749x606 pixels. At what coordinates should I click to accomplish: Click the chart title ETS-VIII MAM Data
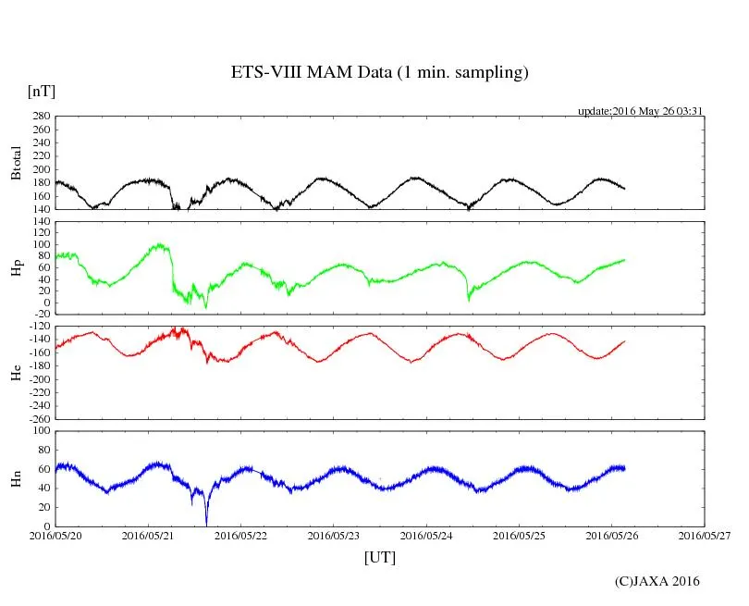coord(379,73)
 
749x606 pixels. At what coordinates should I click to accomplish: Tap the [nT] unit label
coord(42,92)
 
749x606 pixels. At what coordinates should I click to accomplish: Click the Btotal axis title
coord(16,163)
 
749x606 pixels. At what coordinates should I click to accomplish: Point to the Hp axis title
coord(16,268)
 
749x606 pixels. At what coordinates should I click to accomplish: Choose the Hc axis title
coord(16,372)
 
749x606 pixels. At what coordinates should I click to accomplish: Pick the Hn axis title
coord(16,478)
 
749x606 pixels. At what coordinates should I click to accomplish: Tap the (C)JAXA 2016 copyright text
coord(657,581)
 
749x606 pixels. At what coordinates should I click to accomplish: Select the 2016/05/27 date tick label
coord(705,535)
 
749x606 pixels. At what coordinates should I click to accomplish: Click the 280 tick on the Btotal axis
coord(40,117)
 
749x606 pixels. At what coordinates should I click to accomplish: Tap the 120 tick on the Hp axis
coord(40,222)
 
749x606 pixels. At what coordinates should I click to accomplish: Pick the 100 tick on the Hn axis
coord(40,431)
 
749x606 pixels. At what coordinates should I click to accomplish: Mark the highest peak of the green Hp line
coord(162,244)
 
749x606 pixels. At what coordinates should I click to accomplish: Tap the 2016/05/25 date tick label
coord(519,535)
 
